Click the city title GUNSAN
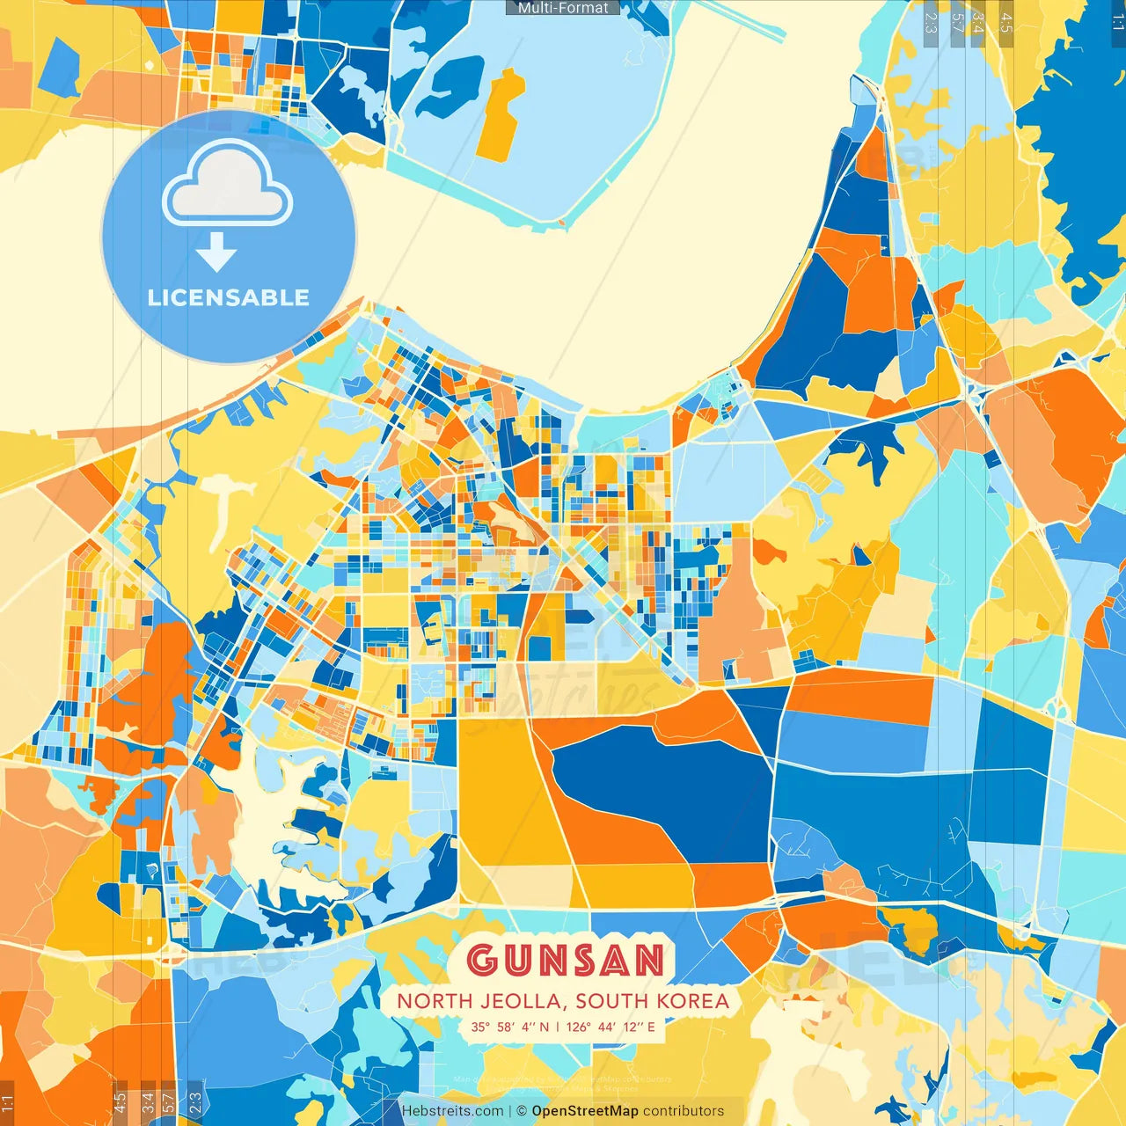tap(565, 960)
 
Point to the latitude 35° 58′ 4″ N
tap(509, 1027)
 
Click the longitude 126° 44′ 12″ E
tap(611, 1027)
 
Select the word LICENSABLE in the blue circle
tap(229, 297)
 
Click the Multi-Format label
tap(563, 8)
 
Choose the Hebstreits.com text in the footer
tap(453, 1111)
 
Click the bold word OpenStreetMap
tap(585, 1111)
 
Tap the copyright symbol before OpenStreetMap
tap(522, 1111)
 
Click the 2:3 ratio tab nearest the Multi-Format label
tap(931, 22)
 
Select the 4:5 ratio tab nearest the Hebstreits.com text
tap(120, 1101)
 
